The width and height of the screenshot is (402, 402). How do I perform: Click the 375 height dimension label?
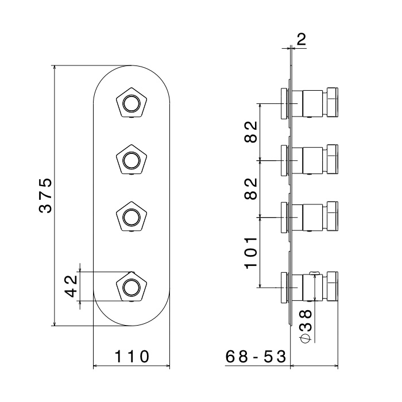(x=46, y=195)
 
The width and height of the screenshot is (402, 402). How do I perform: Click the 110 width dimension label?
(x=132, y=357)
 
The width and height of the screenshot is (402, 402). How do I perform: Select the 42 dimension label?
(x=71, y=285)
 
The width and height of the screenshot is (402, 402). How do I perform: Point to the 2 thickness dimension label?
(x=301, y=40)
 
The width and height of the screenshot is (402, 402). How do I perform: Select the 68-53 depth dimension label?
(x=256, y=357)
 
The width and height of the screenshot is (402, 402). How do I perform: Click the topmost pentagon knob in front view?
(x=131, y=104)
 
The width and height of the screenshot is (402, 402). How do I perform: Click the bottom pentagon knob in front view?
(x=131, y=285)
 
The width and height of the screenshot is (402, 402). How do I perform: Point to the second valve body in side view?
(x=314, y=159)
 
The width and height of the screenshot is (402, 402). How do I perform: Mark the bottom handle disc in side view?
(x=284, y=286)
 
